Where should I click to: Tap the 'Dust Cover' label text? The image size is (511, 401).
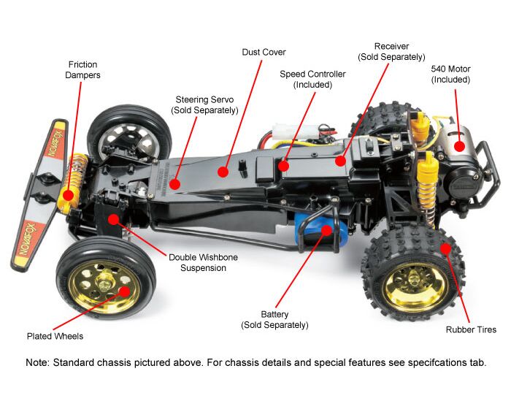coord(264,53)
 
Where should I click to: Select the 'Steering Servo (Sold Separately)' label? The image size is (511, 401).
coord(204,104)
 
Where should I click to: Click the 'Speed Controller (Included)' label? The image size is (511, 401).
coord(312,80)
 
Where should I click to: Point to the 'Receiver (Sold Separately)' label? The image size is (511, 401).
coord(391,51)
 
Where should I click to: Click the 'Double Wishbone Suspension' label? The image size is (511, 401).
coord(203,262)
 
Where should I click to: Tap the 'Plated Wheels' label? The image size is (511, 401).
coord(55,336)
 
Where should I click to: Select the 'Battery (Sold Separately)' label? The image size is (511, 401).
coord(274,319)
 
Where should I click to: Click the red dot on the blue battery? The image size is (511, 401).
coord(326,229)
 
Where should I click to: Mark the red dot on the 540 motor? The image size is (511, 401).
coord(459,145)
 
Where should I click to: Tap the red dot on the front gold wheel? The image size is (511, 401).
coord(125,291)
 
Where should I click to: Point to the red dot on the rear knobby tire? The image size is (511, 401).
coord(445,248)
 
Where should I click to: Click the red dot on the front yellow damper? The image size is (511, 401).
coord(68,195)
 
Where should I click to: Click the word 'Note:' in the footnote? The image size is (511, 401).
coord(38,363)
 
